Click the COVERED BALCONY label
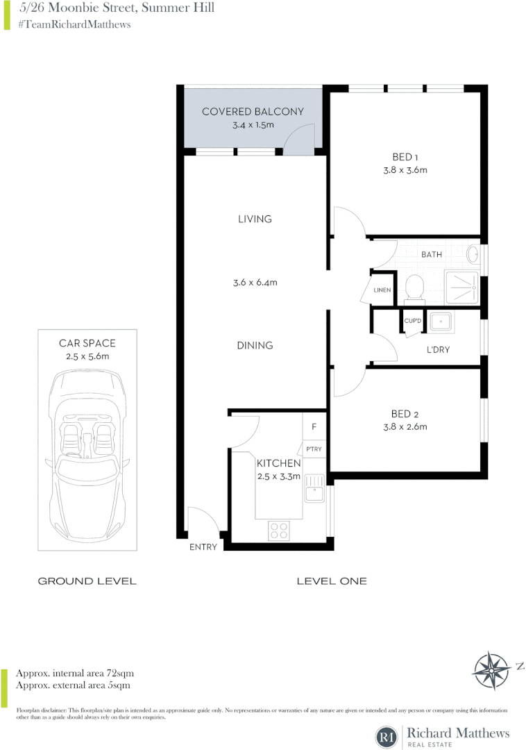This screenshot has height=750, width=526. point(253,112)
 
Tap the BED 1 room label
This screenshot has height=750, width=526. point(404,156)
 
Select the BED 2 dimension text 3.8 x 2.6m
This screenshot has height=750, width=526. point(404,427)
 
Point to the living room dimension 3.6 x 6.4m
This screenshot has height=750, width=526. point(255,283)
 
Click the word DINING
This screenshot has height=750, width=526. point(255,345)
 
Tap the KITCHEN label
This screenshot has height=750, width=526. point(278,463)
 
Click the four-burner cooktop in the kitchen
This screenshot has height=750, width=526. point(279,531)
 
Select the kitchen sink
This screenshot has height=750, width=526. point(314,488)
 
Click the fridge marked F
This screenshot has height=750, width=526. point(314,427)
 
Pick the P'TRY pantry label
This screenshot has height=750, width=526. point(314,449)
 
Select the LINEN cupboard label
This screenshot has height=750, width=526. point(382,290)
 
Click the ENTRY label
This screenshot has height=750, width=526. point(203,547)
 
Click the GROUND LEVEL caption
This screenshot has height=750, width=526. point(87,581)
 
